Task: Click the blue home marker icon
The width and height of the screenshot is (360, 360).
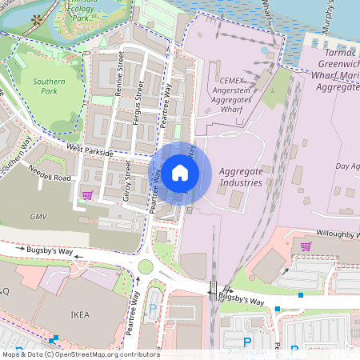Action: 179,172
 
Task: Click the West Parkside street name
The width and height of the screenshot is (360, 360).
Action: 86,149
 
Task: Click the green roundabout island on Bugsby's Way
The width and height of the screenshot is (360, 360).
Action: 146,266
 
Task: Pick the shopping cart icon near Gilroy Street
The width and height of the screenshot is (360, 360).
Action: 87,194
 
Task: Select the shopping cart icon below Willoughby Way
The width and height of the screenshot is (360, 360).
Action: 306,246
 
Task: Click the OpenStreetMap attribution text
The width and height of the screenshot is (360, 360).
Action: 80,354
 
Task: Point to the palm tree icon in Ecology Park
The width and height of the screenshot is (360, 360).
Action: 35,18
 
